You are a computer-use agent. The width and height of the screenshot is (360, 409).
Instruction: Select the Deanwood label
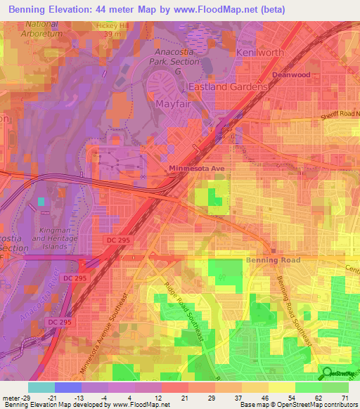coord(291,74)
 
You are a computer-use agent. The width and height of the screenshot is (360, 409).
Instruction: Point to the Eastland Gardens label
coord(228,86)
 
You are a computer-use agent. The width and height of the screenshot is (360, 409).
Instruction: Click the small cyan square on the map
coord(41,202)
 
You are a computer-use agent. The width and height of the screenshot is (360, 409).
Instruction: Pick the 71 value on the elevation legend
coord(344,398)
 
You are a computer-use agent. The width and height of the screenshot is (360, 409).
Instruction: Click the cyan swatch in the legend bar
coord(41,387)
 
